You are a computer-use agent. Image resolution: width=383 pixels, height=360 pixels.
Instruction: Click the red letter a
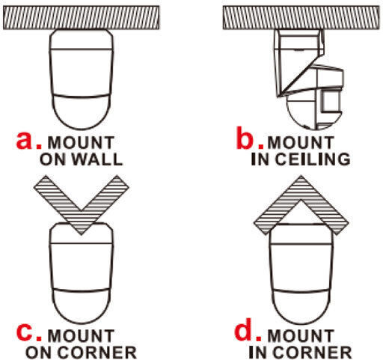[x=24, y=141]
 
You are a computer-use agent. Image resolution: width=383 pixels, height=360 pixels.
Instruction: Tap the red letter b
[x=245, y=138]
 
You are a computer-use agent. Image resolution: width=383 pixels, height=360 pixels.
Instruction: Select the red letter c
[x=24, y=333]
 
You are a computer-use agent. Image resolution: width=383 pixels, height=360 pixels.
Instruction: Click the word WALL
[x=97, y=159]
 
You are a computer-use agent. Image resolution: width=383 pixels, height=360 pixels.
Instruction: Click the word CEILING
[x=313, y=159]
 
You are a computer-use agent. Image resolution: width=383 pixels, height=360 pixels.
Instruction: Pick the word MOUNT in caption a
[x=81, y=142]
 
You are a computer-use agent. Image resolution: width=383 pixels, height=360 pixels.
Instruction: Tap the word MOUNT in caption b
[x=301, y=142]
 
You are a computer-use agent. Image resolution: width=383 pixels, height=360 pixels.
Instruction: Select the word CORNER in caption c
[x=98, y=353]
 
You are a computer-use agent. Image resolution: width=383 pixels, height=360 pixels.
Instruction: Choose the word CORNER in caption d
[x=313, y=353]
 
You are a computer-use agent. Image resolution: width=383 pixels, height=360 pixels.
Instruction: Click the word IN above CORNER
[x=259, y=353]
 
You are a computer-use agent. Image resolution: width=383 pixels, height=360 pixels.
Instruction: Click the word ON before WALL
[x=54, y=159]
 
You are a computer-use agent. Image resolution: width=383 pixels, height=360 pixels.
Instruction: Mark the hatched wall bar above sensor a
[x=82, y=18]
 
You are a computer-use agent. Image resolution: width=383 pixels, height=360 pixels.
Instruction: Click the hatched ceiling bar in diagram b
[x=302, y=18]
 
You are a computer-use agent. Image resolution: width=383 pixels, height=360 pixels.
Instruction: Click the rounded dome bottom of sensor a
[x=82, y=112]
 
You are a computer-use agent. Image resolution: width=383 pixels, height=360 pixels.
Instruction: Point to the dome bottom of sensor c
[x=82, y=306]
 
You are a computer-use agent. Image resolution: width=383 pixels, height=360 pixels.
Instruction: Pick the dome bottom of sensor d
[x=301, y=307]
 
